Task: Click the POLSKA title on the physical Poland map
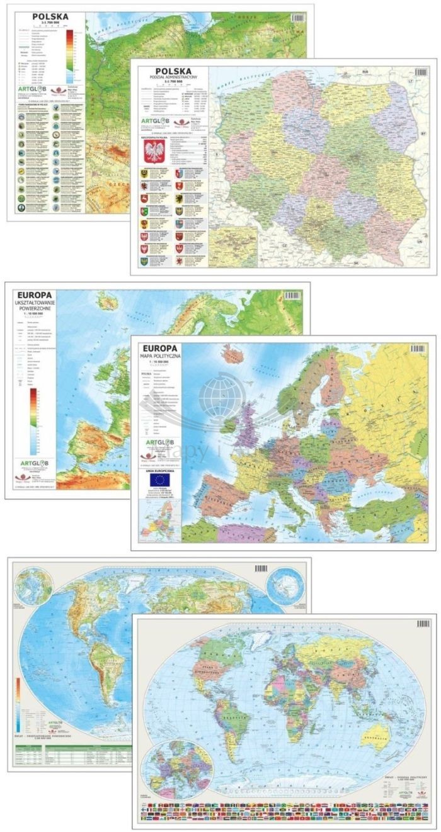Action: [x=45, y=16]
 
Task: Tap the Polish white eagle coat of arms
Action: [x=154, y=151]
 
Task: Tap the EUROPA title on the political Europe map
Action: [x=161, y=348]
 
